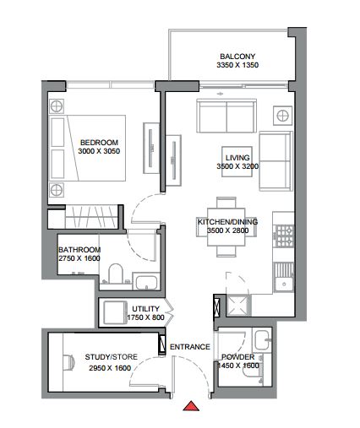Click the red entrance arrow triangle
coord(191,406)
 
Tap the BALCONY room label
coord(237,57)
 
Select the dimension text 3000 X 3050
coord(99,151)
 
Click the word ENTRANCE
coord(190,347)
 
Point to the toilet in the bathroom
coord(116,274)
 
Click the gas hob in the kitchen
coord(285,236)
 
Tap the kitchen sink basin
coord(284,284)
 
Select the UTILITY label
coord(145,309)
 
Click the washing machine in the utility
coord(115,312)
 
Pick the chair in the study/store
coord(69,361)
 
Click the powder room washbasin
coord(262,339)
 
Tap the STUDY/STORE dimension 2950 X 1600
coord(110,368)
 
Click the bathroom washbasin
coord(146,282)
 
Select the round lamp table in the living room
coord(282,116)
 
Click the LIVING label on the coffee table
coord(237,158)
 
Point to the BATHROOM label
coord(79,250)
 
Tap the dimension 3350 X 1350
coord(237,65)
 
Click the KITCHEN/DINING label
coord(227,222)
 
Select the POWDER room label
coord(238,357)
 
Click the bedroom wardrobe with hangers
coord(91,216)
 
